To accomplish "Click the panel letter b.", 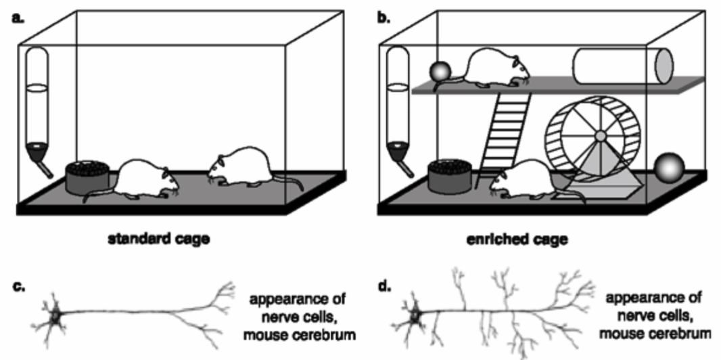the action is point(383,20).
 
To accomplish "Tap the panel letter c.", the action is point(18,289).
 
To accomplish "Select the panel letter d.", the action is point(383,288).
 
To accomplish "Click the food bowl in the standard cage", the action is point(87,177).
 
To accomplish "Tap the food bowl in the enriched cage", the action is point(449,176).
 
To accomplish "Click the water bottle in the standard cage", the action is point(38,110).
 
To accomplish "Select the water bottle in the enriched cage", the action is point(398,110).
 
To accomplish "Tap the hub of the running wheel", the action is point(600,136).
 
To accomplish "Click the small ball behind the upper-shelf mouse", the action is point(441,72).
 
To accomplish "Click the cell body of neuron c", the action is point(55,316).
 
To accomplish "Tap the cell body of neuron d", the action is point(416,315).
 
